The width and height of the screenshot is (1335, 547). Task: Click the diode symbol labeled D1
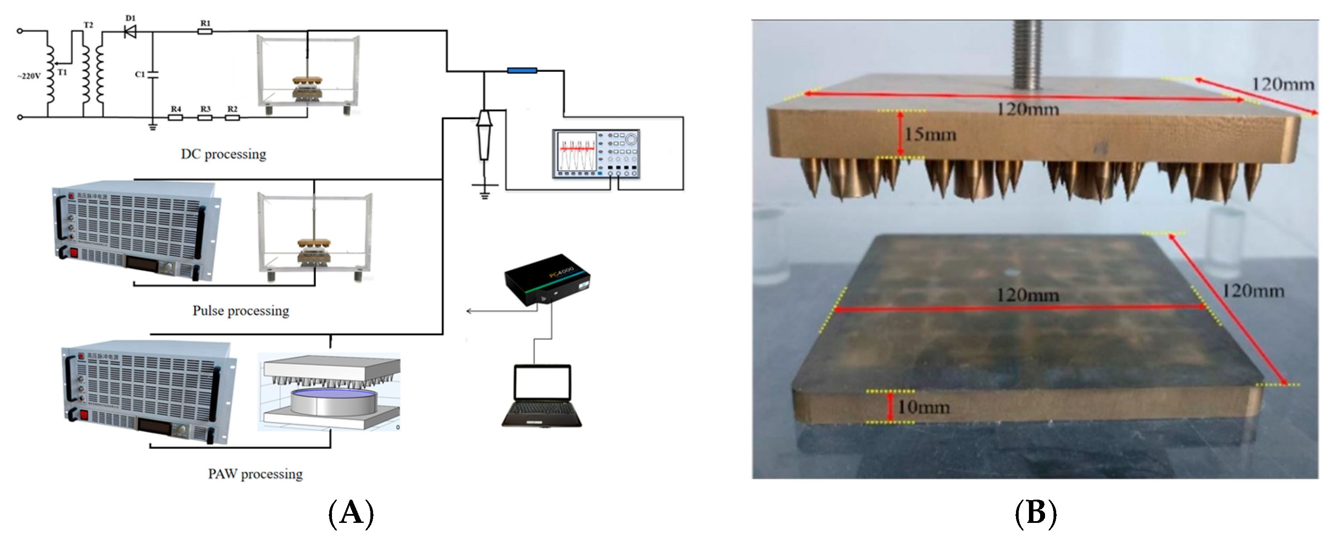(130, 32)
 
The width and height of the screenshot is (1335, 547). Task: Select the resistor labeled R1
(205, 32)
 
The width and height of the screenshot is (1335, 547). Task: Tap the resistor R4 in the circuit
(176, 117)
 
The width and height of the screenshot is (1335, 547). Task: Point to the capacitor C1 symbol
(152, 75)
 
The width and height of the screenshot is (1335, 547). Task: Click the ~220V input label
(29, 76)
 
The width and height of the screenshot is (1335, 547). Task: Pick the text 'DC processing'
(223, 154)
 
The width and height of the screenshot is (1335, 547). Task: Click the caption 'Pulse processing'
(241, 310)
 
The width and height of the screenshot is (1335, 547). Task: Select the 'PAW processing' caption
(256, 473)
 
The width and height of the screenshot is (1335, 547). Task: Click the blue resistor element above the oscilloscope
(522, 71)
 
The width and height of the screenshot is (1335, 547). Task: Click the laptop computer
(542, 396)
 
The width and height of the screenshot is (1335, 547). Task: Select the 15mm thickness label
(930, 135)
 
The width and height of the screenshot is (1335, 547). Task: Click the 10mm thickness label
(924, 407)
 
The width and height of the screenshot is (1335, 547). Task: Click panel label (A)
(351, 514)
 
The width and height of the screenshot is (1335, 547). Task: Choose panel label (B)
(1036, 514)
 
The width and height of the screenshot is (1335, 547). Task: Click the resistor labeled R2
(232, 117)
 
